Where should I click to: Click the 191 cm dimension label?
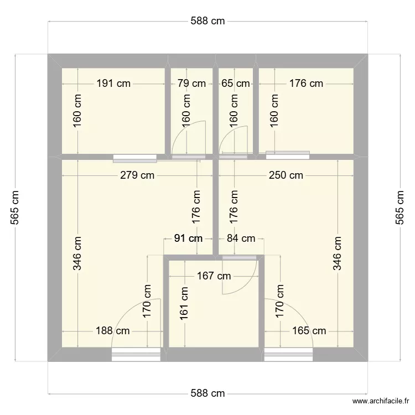pyautogui.click(x=113, y=84)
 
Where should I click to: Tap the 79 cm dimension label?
pyautogui.click(x=191, y=84)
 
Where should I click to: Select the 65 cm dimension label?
pyautogui.click(x=235, y=84)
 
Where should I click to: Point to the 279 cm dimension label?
pyautogui.click(x=138, y=176)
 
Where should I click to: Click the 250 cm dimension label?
pyautogui.click(x=286, y=176)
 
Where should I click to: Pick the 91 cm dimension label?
pyautogui.click(x=188, y=238)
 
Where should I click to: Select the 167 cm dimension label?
pyautogui.click(x=214, y=276)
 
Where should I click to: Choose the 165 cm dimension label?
pyautogui.click(x=308, y=331)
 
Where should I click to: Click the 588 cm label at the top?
pyautogui.click(x=207, y=21)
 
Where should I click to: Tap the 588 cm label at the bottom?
pyautogui.click(x=207, y=393)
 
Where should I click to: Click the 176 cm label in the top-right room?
pyautogui.click(x=306, y=84)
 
